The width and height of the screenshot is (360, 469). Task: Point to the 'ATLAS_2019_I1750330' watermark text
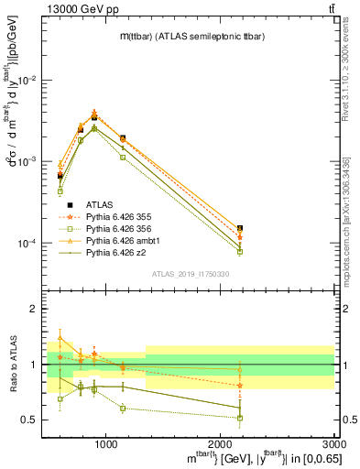pyautogui.click(x=189, y=273)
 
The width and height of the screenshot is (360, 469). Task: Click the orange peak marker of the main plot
pyautogui.click(x=94, y=113)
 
